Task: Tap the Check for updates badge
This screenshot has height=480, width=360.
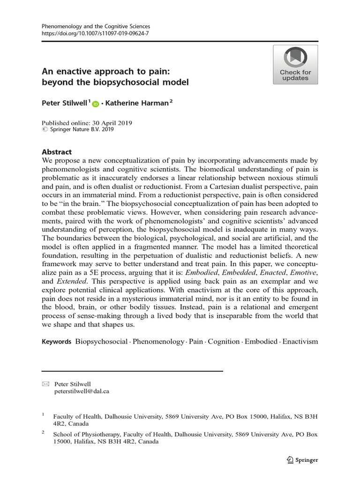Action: coord(295,65)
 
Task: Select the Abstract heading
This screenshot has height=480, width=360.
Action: coord(57,152)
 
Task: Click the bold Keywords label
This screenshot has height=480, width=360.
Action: coord(56,341)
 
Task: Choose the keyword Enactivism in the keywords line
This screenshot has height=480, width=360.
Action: coord(300,341)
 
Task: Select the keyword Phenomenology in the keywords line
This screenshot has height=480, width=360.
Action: coord(158,341)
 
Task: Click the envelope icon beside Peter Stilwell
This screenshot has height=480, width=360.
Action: coord(45,384)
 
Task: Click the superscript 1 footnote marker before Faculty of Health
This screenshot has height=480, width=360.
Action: coord(43,414)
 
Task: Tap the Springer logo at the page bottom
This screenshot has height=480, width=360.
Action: coord(302,460)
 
